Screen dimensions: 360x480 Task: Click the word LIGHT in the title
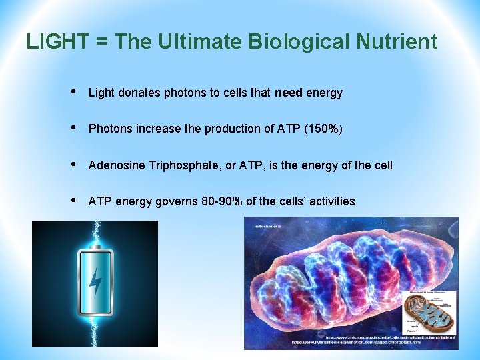click(x=57, y=42)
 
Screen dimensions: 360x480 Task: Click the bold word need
click(x=288, y=93)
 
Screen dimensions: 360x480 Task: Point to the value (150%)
click(x=323, y=129)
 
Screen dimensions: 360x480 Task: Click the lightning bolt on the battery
click(x=96, y=281)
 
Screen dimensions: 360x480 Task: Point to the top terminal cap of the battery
click(x=95, y=247)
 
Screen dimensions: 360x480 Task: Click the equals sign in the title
click(x=102, y=43)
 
